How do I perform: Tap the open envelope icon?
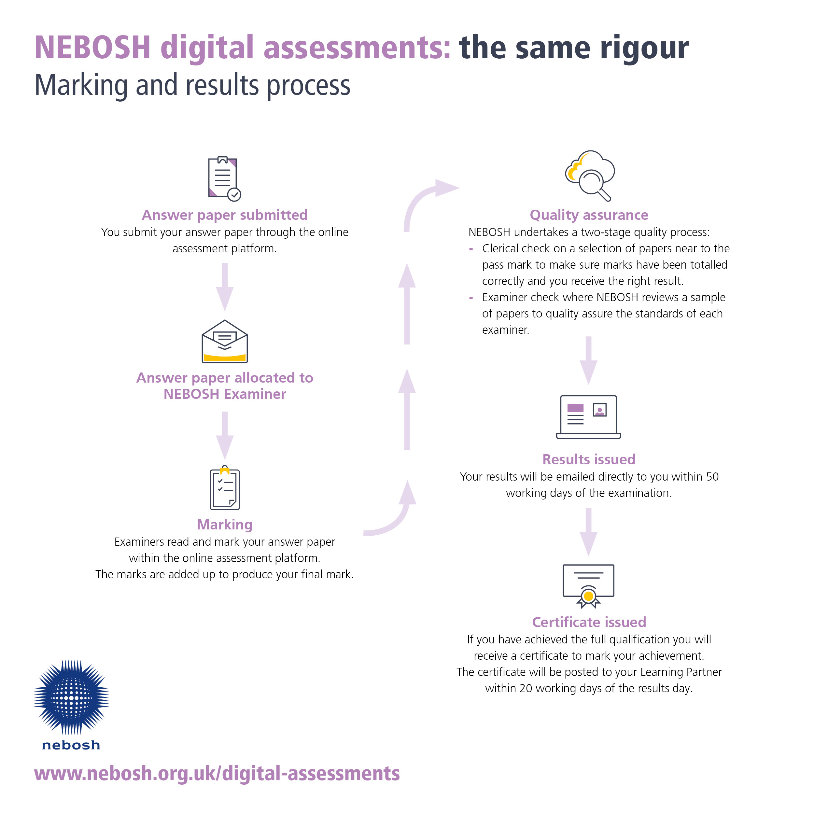point(225,341)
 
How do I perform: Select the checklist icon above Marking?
point(225,488)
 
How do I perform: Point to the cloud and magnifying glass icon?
point(590,175)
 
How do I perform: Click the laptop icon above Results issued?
point(589,417)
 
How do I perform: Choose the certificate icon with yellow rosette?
point(589,586)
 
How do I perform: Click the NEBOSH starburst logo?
point(71,698)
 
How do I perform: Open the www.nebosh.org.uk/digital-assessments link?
point(217,774)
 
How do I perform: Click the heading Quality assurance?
point(589,215)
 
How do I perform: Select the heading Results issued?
point(589,459)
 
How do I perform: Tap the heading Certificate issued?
point(589,622)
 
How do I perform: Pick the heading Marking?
point(225,525)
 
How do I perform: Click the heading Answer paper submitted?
point(225,215)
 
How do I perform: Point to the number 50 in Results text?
point(712,477)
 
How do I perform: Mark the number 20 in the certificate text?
point(526,688)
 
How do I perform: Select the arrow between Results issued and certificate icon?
point(589,532)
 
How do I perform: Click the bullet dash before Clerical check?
point(471,249)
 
